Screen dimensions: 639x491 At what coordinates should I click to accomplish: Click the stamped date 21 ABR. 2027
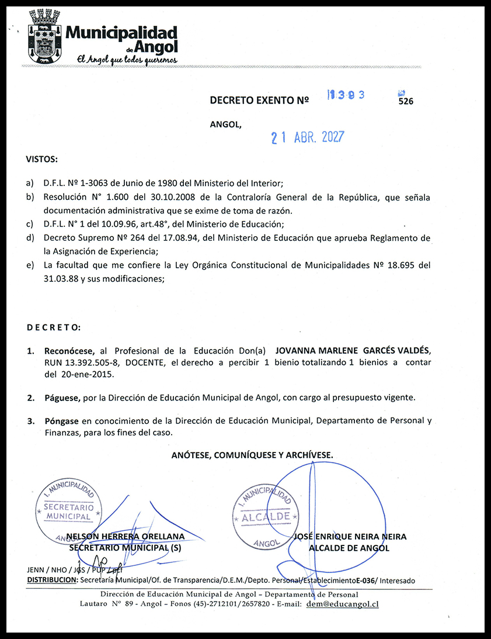[308, 137]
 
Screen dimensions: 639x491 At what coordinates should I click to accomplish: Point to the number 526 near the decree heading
[406, 101]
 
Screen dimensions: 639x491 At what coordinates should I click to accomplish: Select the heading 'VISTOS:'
[41, 159]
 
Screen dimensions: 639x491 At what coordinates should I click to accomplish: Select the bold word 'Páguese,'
[62, 398]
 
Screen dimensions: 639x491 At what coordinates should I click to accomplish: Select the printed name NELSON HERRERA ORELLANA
[126, 536]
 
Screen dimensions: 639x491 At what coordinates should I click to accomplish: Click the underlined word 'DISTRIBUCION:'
[52, 581]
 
